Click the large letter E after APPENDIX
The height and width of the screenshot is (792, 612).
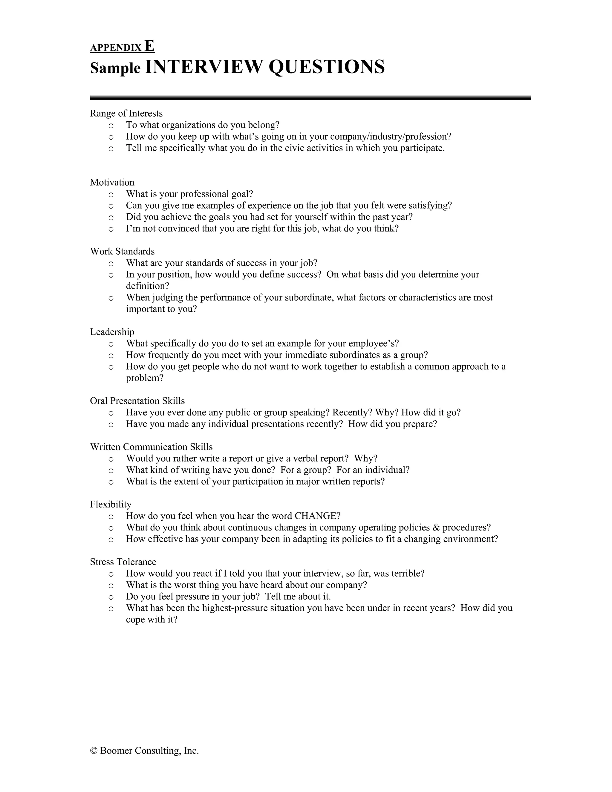(149, 46)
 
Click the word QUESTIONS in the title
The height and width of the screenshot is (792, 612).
(326, 67)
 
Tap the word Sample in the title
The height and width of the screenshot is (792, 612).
(115, 68)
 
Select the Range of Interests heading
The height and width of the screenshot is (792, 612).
(126, 114)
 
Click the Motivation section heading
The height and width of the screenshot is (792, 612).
(112, 182)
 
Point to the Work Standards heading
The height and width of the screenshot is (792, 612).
(122, 251)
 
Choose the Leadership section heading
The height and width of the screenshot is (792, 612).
(112, 332)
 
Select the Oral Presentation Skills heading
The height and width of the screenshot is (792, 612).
(137, 401)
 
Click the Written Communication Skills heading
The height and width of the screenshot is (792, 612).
(151, 447)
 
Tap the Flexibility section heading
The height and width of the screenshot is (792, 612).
(111, 504)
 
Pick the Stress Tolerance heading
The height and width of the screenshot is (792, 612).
(123, 562)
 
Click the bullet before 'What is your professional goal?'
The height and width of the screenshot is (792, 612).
(111, 194)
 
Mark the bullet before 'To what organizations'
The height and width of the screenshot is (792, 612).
(111, 126)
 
